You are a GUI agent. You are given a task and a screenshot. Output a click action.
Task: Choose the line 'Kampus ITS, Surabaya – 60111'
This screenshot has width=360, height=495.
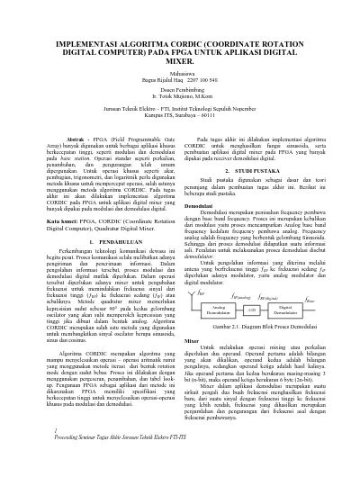point(180,140)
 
